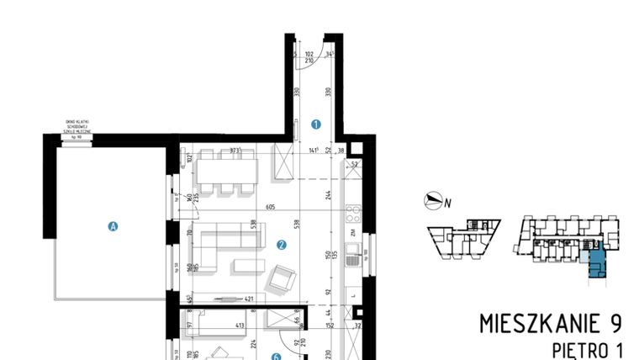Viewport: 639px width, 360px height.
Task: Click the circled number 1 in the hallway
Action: pyautogui.click(x=316, y=124)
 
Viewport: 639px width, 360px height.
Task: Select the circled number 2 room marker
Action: pyautogui.click(x=281, y=246)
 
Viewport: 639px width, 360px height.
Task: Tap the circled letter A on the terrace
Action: pyautogui.click(x=112, y=225)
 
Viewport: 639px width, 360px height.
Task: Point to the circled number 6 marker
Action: pyautogui.click(x=275, y=356)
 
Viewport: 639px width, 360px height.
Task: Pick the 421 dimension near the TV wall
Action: pyautogui.click(x=249, y=298)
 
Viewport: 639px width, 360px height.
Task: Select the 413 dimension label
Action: pyautogui.click(x=238, y=325)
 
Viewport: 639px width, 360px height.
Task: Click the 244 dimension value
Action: pyautogui.click(x=327, y=196)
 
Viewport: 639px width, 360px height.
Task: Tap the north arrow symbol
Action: pyautogui.click(x=434, y=200)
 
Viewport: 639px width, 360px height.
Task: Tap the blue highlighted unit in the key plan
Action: pyautogui.click(x=595, y=263)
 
